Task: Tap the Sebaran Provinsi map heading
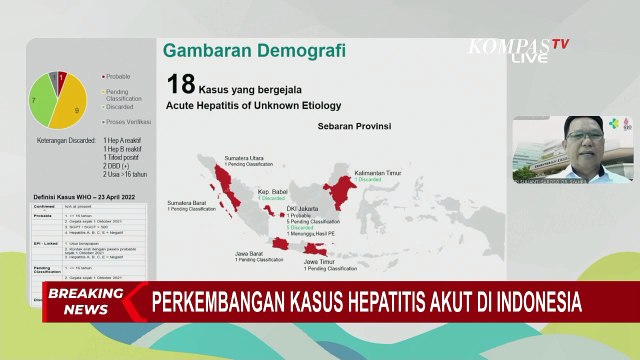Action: [354, 127]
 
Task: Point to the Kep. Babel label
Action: [272, 190]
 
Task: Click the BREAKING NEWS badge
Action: [78, 301]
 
